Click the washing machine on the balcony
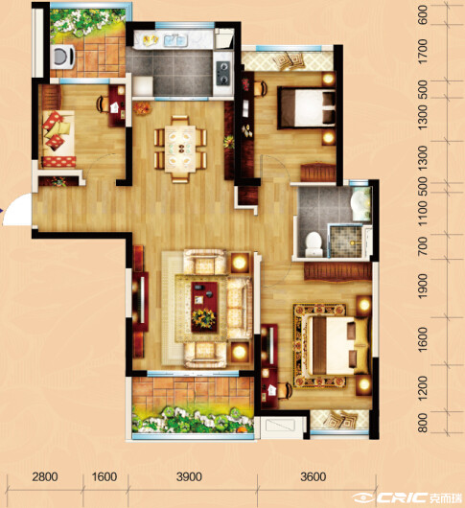[x=63, y=57]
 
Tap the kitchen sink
[x=175, y=40]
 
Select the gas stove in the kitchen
[x=223, y=73]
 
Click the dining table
[x=180, y=150]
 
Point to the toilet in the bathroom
[x=314, y=244]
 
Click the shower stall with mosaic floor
[x=345, y=242]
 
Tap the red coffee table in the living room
[x=204, y=307]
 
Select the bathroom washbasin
[x=360, y=204]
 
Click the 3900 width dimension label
[x=189, y=477]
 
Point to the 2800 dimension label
[x=45, y=477]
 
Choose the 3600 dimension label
[x=314, y=477]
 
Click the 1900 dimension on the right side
[x=423, y=287]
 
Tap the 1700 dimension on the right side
[x=423, y=52]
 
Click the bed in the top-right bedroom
[x=307, y=107]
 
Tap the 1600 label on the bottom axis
[x=105, y=477]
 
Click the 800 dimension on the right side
[x=423, y=423]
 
